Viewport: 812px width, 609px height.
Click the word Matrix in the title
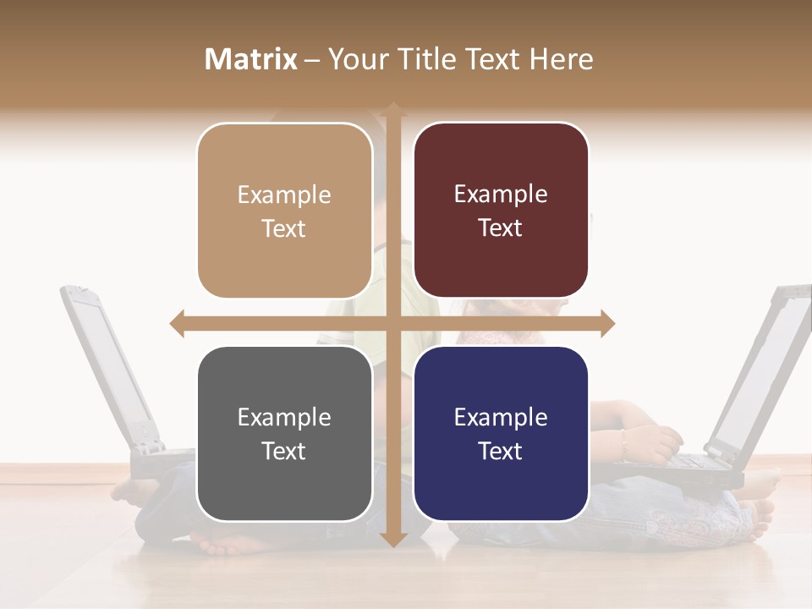pyautogui.click(x=250, y=59)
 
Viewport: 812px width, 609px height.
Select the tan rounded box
pyautogui.click(x=284, y=211)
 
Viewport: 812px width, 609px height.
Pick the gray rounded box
pyautogui.click(x=284, y=434)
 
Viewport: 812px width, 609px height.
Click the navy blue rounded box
pyautogui.click(x=501, y=433)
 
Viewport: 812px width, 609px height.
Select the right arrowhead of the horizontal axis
pyautogui.click(x=606, y=323)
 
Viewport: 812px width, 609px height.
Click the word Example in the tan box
pyautogui.click(x=284, y=195)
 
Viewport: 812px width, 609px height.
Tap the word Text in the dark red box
pyautogui.click(x=501, y=228)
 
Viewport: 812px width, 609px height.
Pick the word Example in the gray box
pyautogui.click(x=284, y=417)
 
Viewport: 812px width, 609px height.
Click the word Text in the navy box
pyautogui.click(x=501, y=451)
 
